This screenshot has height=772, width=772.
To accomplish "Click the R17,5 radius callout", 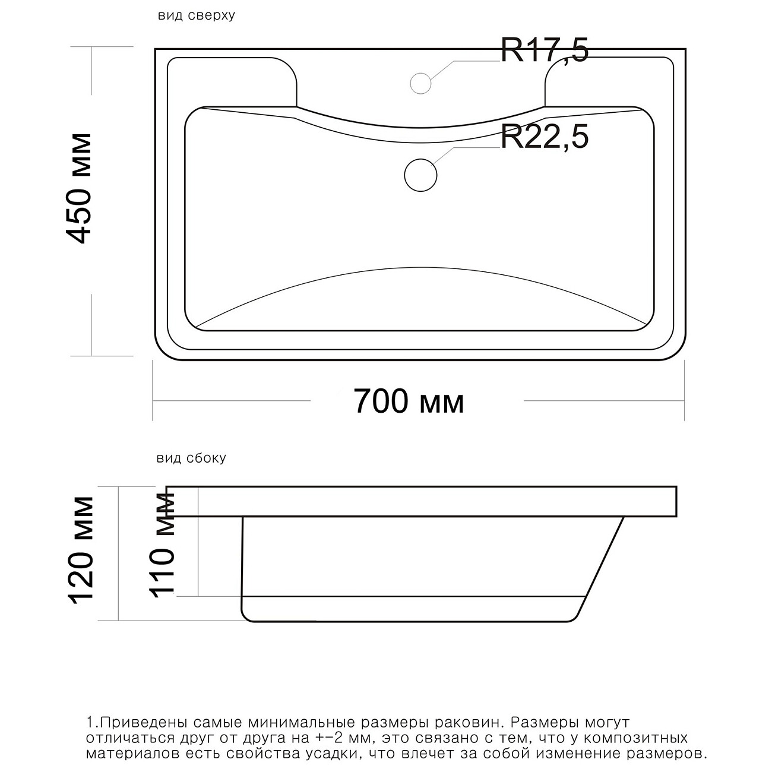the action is click(x=545, y=51).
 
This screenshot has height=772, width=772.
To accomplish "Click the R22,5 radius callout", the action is click(x=545, y=137).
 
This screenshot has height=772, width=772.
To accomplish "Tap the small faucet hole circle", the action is click(x=420, y=83).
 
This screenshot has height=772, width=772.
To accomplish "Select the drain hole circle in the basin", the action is click(x=420, y=175).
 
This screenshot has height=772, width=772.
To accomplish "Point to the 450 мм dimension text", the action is click(x=80, y=188).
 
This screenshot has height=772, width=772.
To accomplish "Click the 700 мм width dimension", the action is click(x=409, y=401).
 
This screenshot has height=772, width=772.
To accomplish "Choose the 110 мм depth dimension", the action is click(x=162, y=546).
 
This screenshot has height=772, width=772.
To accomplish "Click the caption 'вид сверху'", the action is click(x=197, y=15).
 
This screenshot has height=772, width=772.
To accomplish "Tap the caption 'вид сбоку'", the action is click(x=191, y=458).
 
